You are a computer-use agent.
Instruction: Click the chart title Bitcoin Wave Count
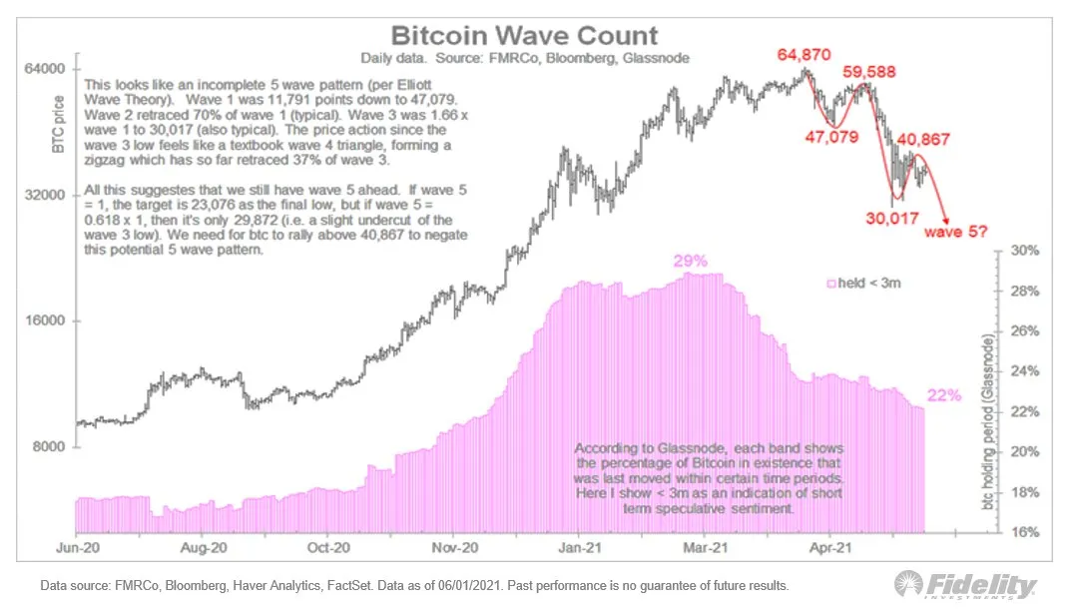524,36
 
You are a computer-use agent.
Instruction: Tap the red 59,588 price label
868,73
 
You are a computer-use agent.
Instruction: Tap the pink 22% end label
943,395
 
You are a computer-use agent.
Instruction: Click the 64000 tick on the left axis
45,69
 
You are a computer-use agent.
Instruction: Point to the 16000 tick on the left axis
45,320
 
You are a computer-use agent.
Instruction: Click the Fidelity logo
963,584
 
